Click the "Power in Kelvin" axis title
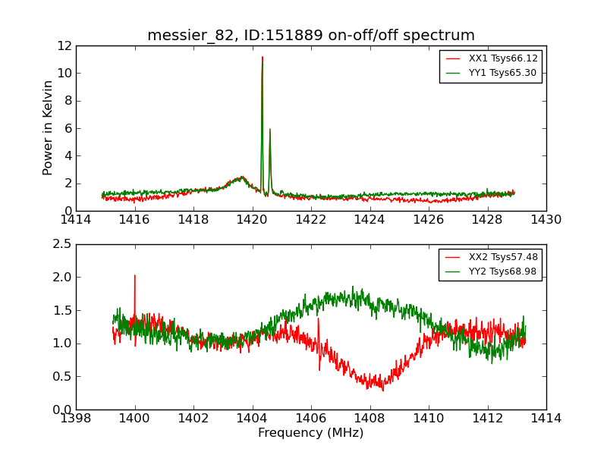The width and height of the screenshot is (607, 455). [49, 127]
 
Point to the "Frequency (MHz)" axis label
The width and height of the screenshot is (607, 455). [310, 433]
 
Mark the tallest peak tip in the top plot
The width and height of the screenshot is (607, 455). [263, 57]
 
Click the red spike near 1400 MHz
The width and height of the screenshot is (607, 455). [135, 276]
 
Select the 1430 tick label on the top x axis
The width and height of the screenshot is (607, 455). [546, 220]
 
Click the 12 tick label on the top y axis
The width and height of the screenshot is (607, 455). [64, 45]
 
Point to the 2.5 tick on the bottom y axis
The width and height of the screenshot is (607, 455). [61, 244]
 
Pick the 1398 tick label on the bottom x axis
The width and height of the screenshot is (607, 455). [76, 419]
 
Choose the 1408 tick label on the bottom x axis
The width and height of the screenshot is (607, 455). [370, 419]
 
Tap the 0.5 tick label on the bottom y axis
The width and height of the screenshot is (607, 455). [61, 377]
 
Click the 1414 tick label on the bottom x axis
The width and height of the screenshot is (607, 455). [546, 419]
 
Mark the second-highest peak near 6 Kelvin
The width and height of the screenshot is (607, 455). [269, 129]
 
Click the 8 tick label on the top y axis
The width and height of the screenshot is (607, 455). [67, 101]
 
